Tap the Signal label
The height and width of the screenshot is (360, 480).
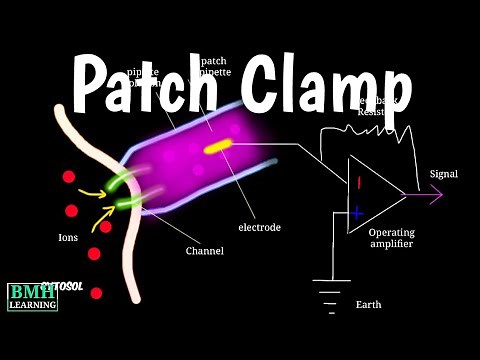pyautogui.click(x=443, y=174)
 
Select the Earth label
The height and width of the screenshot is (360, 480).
pyautogui.click(x=368, y=305)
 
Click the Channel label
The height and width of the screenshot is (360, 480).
pyautogui.click(x=204, y=250)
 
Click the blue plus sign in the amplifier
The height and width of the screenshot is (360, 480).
pyautogui.click(x=356, y=212)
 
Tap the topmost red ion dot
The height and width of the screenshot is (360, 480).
pyautogui.click(x=69, y=178)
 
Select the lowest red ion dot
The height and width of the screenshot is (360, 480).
pyautogui.click(x=96, y=293)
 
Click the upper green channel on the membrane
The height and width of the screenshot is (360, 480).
pyautogui.click(x=120, y=179)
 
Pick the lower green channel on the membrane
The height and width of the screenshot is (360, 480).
pyautogui.click(x=126, y=203)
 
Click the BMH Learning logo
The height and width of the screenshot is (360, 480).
pyautogui.click(x=32, y=297)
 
